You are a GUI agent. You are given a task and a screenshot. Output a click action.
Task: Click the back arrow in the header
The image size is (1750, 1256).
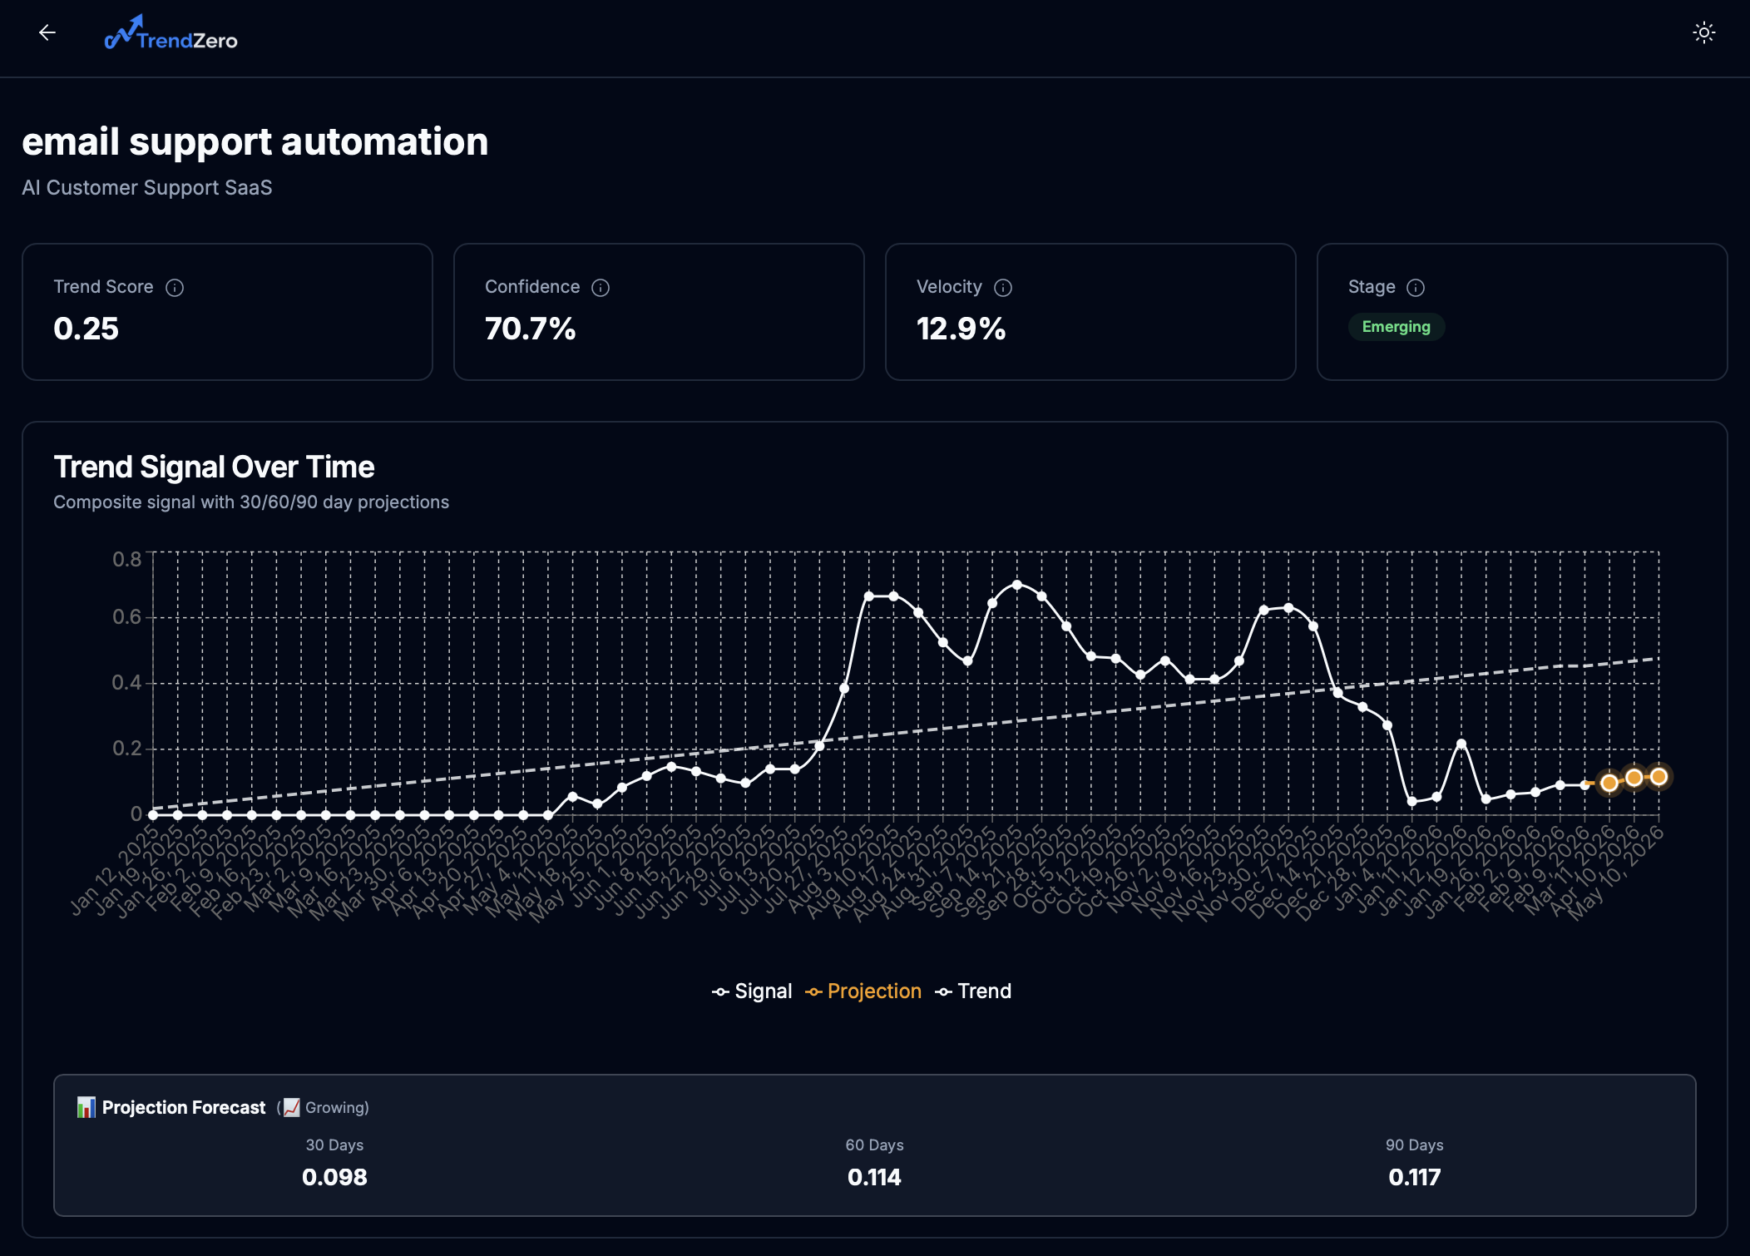tap(47, 32)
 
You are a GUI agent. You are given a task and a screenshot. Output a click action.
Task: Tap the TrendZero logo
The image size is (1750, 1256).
tap(171, 35)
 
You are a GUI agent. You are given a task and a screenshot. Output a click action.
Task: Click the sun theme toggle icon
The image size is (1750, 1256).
tap(1703, 33)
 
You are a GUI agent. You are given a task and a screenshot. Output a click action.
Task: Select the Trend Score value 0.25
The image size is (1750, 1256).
tap(87, 329)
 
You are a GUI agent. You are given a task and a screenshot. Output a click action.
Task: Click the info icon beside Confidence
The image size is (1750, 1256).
tap(601, 288)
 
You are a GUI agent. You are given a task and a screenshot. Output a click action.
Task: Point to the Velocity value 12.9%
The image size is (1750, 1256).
tap(961, 329)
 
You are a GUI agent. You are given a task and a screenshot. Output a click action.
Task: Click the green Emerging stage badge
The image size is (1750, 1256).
tap(1396, 327)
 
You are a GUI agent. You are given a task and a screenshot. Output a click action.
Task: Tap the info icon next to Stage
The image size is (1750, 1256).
tap(1416, 288)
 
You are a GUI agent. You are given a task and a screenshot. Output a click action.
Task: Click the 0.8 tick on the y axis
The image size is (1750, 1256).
tap(127, 559)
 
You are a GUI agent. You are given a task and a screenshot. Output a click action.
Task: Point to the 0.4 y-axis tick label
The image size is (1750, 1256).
tap(127, 683)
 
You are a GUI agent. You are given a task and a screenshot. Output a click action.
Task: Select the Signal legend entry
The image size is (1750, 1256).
tap(753, 991)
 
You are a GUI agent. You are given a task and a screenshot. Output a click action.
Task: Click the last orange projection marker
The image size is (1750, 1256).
tap(1659, 777)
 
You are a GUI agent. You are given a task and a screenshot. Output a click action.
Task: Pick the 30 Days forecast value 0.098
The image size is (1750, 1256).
tap(334, 1177)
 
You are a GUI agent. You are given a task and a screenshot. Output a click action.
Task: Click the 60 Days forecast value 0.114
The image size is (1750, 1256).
tap(874, 1177)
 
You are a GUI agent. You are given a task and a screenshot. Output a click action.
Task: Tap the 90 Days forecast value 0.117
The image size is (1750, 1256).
tap(1414, 1177)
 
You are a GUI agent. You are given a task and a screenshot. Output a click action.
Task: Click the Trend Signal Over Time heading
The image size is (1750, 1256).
tap(214, 467)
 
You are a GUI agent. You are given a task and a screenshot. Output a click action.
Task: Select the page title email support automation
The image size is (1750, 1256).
tap(255, 141)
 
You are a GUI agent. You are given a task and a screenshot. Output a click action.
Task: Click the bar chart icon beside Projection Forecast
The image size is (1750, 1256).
tap(86, 1107)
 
